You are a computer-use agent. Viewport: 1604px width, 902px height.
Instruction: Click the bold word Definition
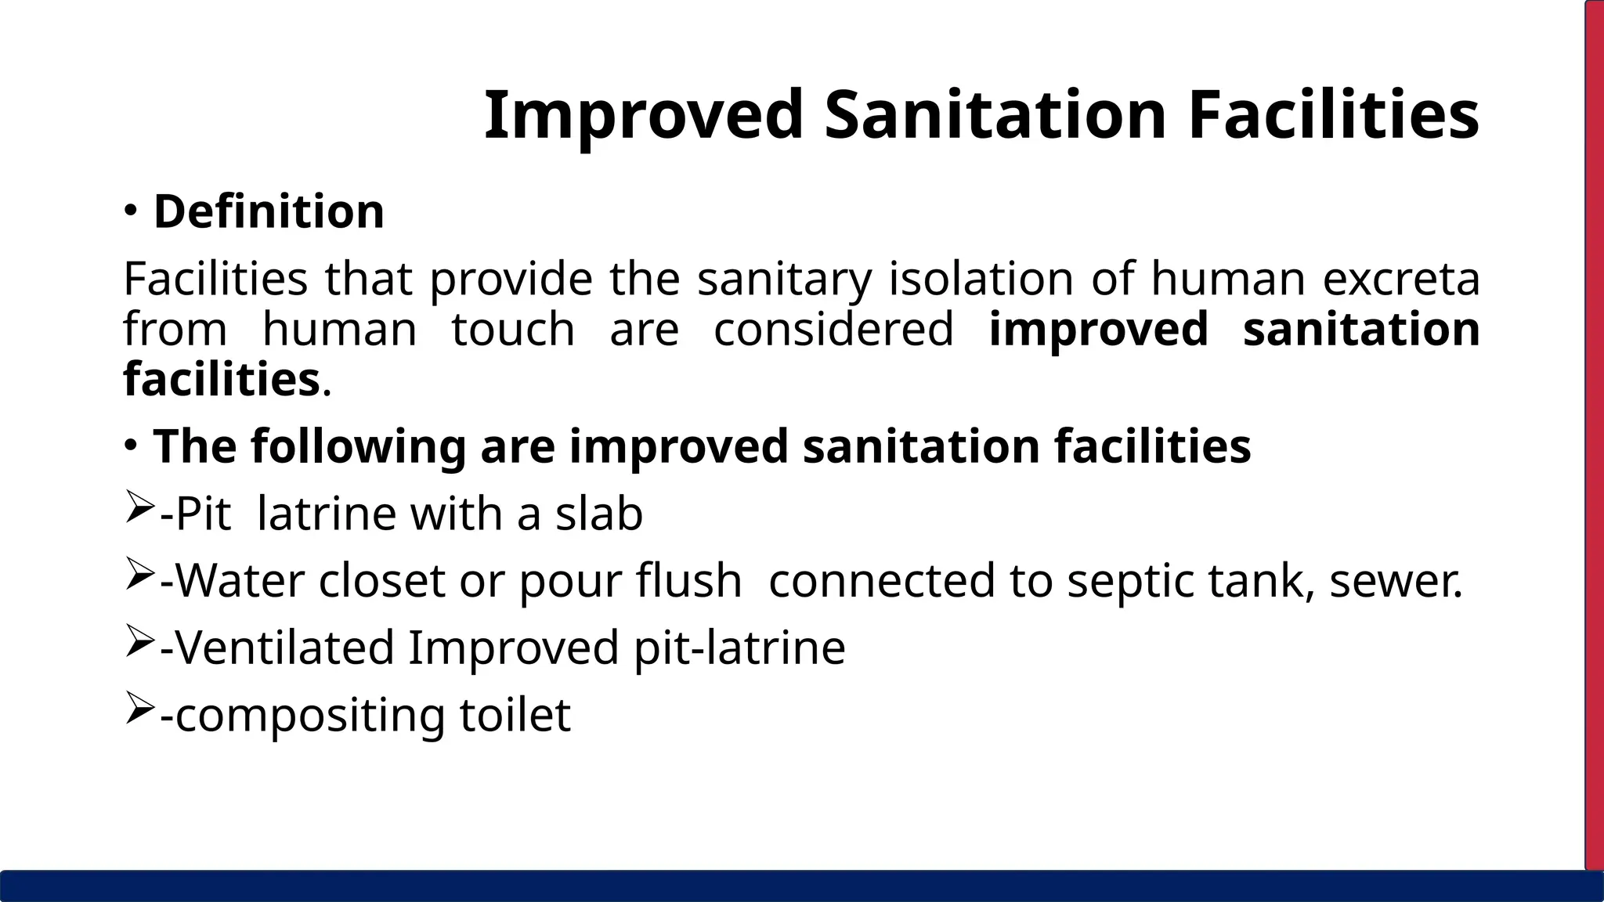pos(269,211)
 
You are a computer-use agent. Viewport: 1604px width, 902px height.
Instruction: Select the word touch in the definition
pos(513,329)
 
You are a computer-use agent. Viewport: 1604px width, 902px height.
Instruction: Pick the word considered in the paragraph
pos(833,329)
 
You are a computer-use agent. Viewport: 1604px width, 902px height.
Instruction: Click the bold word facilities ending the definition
pos(221,379)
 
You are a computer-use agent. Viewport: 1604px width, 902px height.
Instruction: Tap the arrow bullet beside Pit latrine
pos(138,510)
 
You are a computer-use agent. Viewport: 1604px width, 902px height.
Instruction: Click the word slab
pos(599,514)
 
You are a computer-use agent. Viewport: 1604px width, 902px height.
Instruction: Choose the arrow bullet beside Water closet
pos(138,577)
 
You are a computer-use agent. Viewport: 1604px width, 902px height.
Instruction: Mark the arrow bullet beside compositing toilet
pos(138,710)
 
